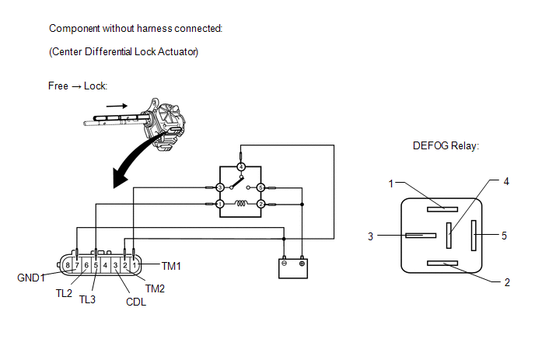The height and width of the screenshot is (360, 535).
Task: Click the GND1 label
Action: [31, 278]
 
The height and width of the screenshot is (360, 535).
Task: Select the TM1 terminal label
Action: [171, 266]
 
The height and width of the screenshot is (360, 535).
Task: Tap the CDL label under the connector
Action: [136, 302]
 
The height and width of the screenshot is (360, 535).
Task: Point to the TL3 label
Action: [87, 299]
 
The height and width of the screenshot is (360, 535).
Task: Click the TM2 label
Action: [155, 288]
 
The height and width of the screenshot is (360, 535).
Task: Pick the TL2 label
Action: [64, 293]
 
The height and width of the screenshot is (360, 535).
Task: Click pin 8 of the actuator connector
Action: [68, 265]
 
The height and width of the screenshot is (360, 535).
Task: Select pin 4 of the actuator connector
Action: [106, 265]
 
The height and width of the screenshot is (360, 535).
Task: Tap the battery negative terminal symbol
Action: [285, 263]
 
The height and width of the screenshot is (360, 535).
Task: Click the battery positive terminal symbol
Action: [302, 264]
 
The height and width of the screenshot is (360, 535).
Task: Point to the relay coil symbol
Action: [240, 204]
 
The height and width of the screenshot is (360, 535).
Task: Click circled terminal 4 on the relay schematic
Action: [241, 167]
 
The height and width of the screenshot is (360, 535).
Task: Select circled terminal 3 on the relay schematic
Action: [220, 187]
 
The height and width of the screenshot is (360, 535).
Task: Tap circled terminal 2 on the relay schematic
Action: [261, 204]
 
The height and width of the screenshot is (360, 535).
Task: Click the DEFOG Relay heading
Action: [446, 146]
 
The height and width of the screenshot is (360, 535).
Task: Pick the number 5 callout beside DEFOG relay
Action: [505, 236]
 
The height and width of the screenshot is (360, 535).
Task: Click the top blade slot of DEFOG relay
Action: [442, 209]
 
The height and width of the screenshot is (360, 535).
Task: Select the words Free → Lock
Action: [78, 86]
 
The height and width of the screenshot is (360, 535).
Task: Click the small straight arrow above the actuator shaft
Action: [117, 106]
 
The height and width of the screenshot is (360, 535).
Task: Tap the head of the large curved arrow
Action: [120, 178]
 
